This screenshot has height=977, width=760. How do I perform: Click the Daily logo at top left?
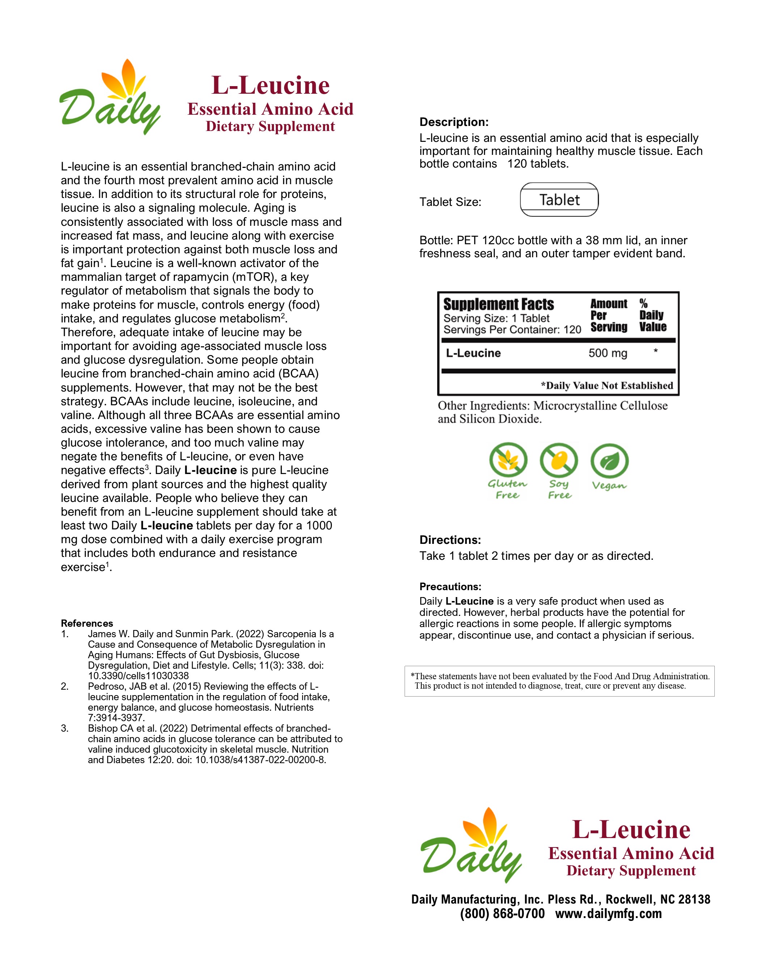109,98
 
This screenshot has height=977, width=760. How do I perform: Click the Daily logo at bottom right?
470,846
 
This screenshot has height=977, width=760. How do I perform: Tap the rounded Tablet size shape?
559,199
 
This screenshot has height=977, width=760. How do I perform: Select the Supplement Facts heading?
498,304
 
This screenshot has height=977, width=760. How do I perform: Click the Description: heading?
453,122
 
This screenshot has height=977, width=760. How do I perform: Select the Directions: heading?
450,540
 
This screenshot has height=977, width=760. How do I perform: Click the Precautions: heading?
450,587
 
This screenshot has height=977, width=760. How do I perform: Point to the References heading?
87,623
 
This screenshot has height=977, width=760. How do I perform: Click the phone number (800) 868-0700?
502,913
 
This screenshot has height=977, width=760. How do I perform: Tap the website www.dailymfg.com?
608,913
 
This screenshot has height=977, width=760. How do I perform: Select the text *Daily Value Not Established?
607,386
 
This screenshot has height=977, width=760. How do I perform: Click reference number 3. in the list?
65,729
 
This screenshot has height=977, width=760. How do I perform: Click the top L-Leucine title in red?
270,85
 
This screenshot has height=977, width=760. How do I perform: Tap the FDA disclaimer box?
559,681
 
